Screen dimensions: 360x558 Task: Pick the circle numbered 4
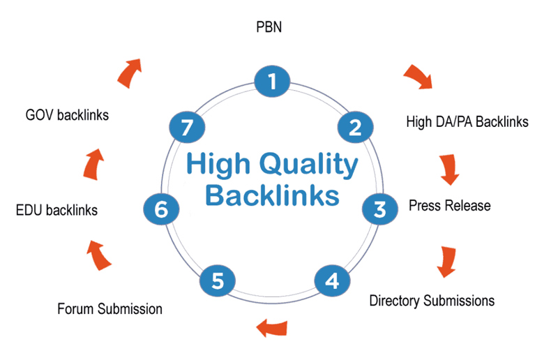332,280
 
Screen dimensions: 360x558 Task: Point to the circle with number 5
218,280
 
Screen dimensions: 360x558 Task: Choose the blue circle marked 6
162,209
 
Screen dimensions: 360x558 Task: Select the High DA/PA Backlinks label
467,122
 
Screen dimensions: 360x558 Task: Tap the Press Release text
449,206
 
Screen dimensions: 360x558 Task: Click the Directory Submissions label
432,301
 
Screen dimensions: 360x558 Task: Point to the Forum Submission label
110,308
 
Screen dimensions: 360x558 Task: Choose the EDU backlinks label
56,209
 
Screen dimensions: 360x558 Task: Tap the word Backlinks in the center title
273,196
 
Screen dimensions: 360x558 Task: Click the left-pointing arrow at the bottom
273,326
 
